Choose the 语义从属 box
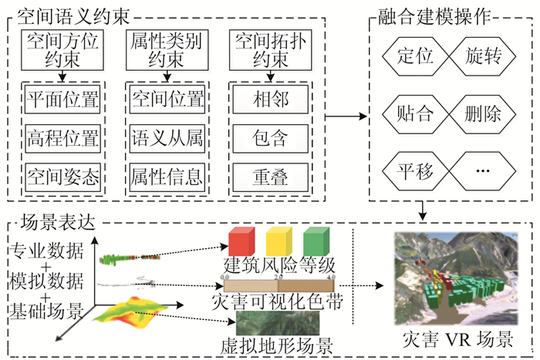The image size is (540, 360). (167, 138)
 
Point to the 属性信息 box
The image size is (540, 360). (167, 177)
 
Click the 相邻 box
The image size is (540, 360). (270, 99)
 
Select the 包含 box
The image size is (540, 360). (270, 138)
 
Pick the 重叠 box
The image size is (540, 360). (270, 177)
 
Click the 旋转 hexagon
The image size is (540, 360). (484, 56)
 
